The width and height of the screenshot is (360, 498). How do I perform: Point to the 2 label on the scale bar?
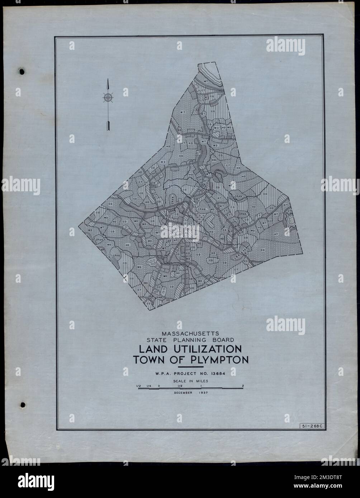(243, 386)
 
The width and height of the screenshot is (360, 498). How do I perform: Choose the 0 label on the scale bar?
(159, 386)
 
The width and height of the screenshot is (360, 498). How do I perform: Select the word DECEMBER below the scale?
(180, 393)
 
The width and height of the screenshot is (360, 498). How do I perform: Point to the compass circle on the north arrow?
(108, 97)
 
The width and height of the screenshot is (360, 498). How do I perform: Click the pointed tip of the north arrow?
(108, 80)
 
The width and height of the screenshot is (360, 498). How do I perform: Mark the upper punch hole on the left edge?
(22, 71)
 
